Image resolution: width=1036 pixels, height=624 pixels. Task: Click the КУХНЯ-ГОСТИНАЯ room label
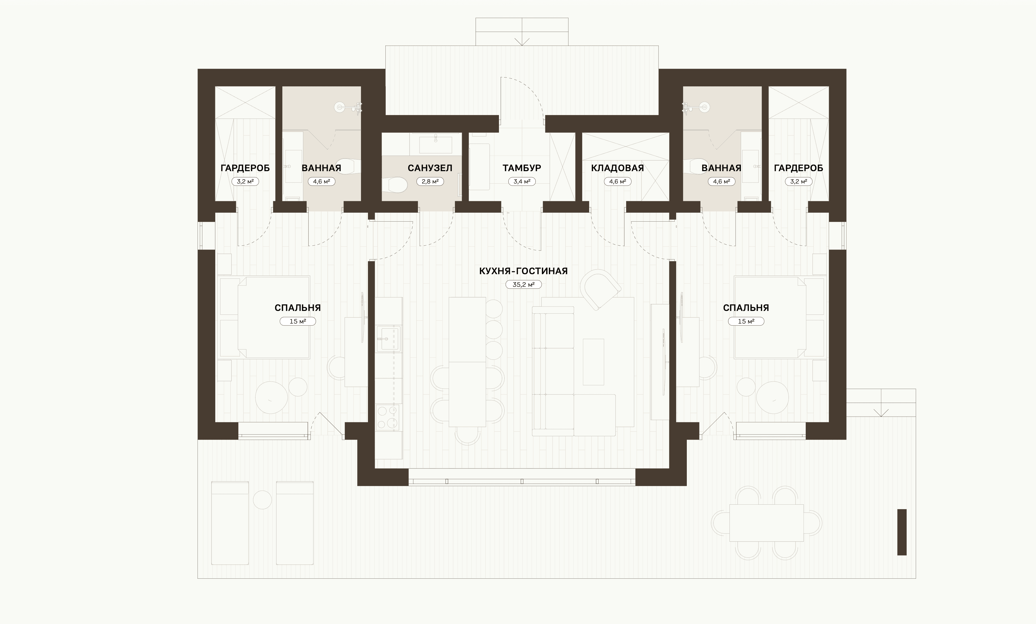(x=523, y=271)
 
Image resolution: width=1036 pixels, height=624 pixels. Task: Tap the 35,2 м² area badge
(x=523, y=284)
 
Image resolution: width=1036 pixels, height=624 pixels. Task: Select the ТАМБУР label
(x=522, y=168)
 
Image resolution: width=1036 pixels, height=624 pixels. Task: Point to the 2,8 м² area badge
(x=430, y=182)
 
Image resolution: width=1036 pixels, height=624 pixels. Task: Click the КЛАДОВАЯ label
(x=617, y=168)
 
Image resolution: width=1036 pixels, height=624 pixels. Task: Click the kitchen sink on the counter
(x=389, y=339)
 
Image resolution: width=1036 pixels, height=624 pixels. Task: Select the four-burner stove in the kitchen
(x=388, y=417)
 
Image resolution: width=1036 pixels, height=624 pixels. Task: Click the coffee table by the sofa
(x=593, y=362)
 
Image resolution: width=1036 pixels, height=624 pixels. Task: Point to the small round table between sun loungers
(x=262, y=500)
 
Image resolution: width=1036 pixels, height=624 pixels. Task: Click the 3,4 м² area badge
(x=522, y=182)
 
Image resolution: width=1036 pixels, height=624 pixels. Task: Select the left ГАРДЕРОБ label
(x=245, y=168)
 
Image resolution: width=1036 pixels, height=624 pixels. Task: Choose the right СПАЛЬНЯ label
(x=746, y=308)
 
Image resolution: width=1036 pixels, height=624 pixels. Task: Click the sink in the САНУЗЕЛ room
(x=436, y=144)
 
